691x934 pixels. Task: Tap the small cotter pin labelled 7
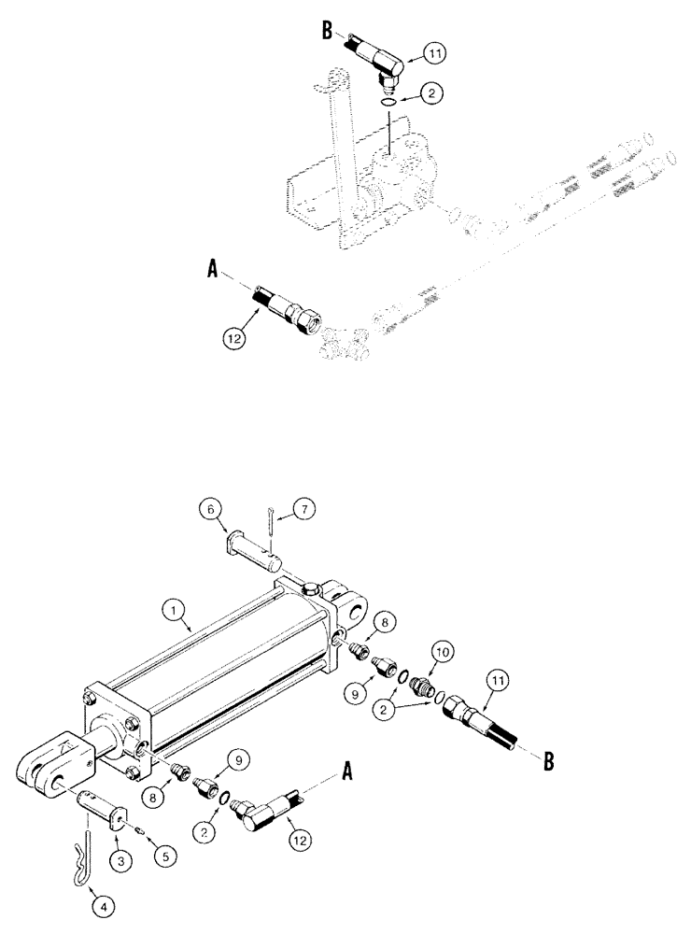[x=268, y=520]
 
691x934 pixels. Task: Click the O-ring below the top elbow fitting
[x=391, y=102]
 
